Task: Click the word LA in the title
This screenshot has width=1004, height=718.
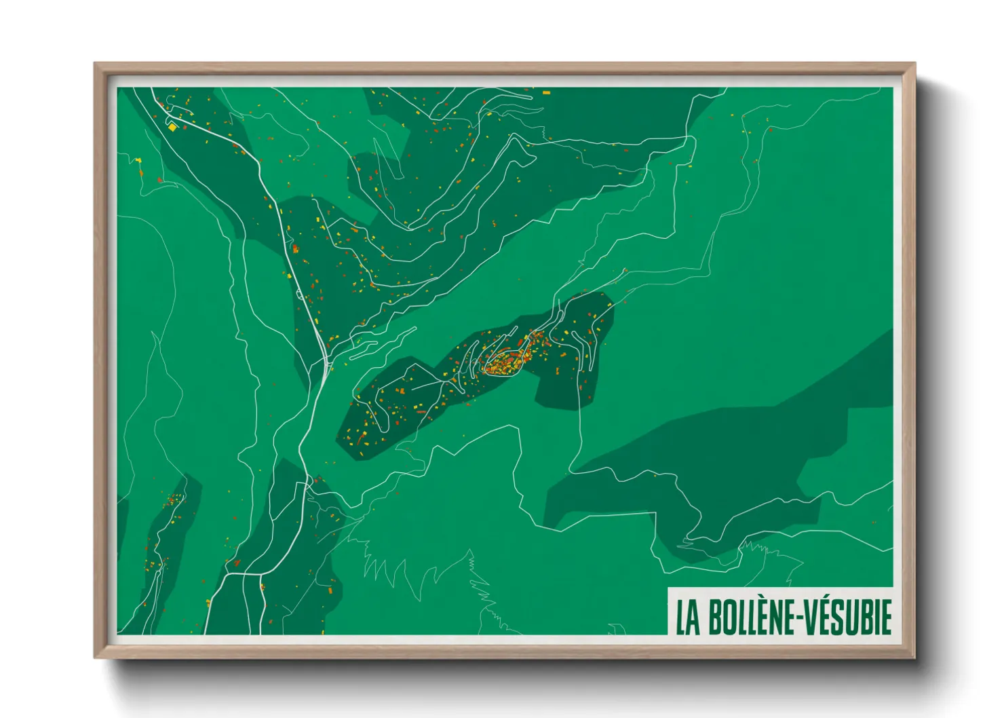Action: tap(688, 617)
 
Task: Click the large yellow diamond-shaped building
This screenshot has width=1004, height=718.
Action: tap(172, 127)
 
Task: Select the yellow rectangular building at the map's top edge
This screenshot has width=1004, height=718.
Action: tap(546, 92)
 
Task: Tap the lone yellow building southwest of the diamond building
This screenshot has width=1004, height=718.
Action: tap(139, 160)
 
